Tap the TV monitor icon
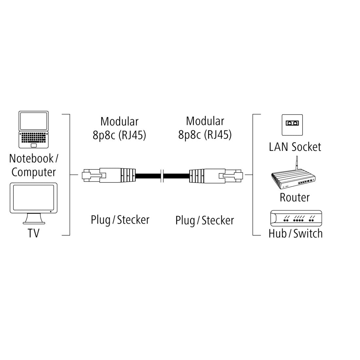[33, 203]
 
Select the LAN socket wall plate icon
[292, 125]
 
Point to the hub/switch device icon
[296, 218]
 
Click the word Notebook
[31, 158]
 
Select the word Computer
[34, 172]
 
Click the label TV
[33, 233]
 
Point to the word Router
[295, 197]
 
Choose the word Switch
[308, 233]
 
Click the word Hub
[278, 233]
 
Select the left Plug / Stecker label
[120, 220]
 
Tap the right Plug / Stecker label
[205, 220]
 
